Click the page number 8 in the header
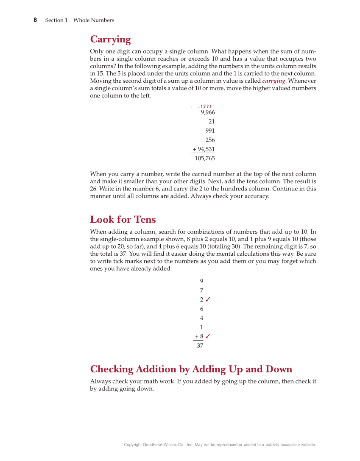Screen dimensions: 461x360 (x=35, y=20)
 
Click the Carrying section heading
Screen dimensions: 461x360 (x=110, y=39)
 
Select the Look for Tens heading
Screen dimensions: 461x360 (x=123, y=219)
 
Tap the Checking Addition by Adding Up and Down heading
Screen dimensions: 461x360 (x=191, y=369)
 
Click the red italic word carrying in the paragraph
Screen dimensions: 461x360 (x=273, y=81)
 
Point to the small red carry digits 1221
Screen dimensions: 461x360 (x=207, y=106)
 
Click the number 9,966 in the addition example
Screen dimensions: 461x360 (x=208, y=112)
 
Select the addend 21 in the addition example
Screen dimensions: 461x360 (x=212, y=122)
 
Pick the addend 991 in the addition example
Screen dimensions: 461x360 (x=210, y=131)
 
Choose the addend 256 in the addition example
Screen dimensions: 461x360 (x=210, y=140)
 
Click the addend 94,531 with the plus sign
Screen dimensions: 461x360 (x=204, y=149)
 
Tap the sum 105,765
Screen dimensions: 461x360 (x=205, y=159)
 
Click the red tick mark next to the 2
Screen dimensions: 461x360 (x=208, y=299)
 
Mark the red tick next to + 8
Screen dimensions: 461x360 (x=208, y=336)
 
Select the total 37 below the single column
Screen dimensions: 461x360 (x=200, y=346)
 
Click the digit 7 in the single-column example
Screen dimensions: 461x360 (x=201, y=291)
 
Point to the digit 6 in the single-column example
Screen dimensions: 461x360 (x=201, y=309)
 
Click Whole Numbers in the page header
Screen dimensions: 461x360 (x=94, y=20)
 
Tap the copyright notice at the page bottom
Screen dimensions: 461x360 (x=220, y=444)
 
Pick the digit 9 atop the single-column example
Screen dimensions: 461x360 (x=201, y=281)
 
